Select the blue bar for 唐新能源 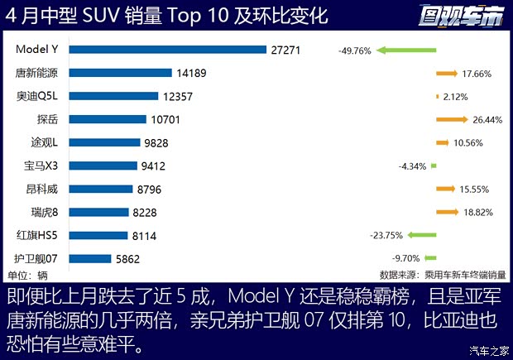click(x=120, y=73)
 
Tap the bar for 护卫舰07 click(x=89, y=258)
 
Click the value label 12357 click(x=178, y=96)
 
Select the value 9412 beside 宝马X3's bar click(x=152, y=166)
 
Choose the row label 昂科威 click(x=42, y=189)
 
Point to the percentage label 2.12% click(x=456, y=97)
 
